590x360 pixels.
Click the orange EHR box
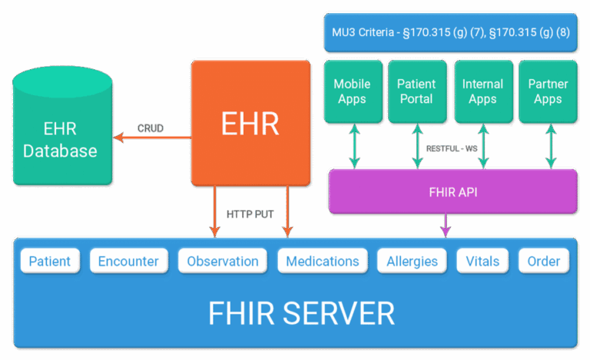pos(249,123)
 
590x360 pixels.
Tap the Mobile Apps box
pos(352,91)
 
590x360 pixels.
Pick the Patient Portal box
pos(416,91)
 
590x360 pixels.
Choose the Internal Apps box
pos(482,91)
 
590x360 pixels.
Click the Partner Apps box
pos(548,91)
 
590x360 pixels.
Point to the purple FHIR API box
pos(452,191)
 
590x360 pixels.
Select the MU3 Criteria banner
pos(450,32)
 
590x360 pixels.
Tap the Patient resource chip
pos(50,261)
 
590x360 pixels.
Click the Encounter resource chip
pos(128,261)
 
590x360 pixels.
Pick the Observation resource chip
pos(223,261)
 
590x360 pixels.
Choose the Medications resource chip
pos(323,261)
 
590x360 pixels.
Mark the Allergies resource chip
pos(412,261)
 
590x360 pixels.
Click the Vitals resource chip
pos(482,261)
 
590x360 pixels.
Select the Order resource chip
pos(544,261)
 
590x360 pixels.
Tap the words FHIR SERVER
pos(301,313)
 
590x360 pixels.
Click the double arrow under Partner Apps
pos(550,147)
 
